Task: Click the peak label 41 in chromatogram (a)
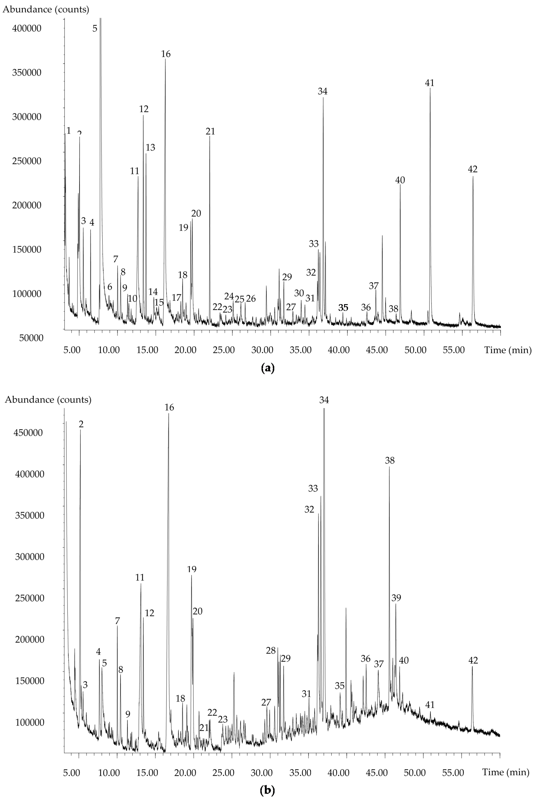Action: (x=430, y=83)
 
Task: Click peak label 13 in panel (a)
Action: (x=150, y=148)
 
